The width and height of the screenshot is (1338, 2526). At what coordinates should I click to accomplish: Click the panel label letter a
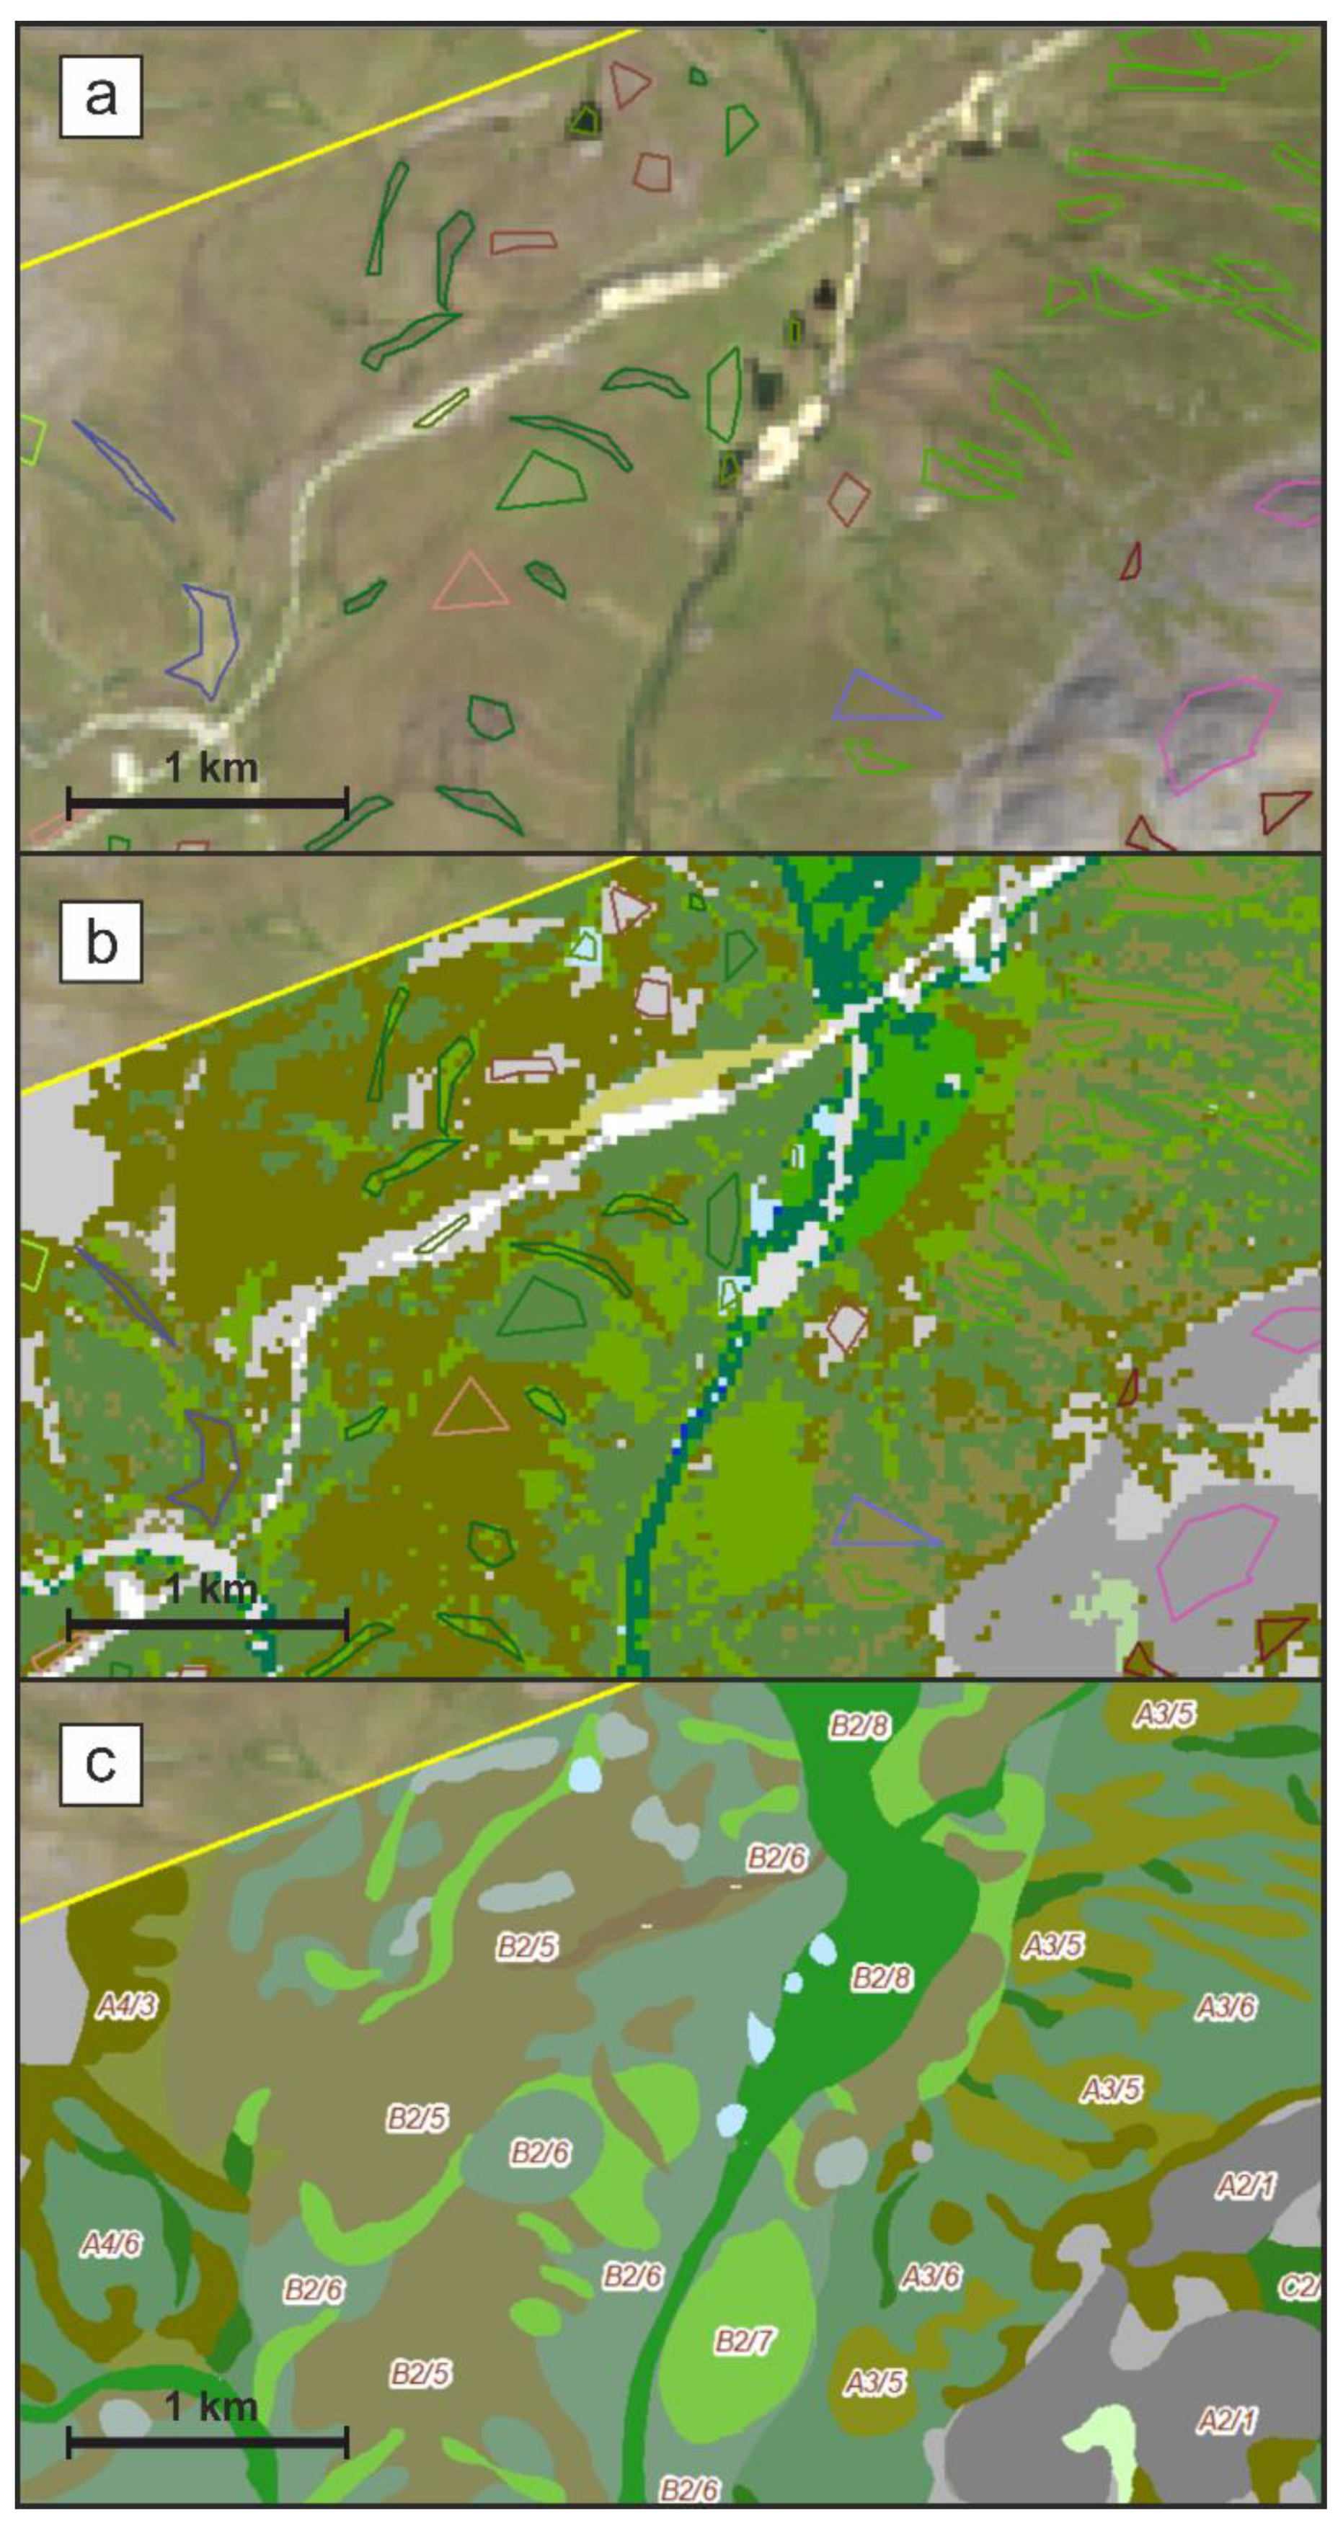tap(101, 96)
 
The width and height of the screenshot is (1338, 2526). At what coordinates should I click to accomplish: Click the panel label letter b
tap(101, 942)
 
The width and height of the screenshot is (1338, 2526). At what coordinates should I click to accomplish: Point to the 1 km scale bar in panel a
tap(207, 802)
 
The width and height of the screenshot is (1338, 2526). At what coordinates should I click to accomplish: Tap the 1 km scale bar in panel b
tap(207, 1625)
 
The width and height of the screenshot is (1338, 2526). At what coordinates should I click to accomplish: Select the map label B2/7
tap(743, 2341)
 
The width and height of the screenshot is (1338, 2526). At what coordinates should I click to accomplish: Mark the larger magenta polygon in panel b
tap(1216, 1560)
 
